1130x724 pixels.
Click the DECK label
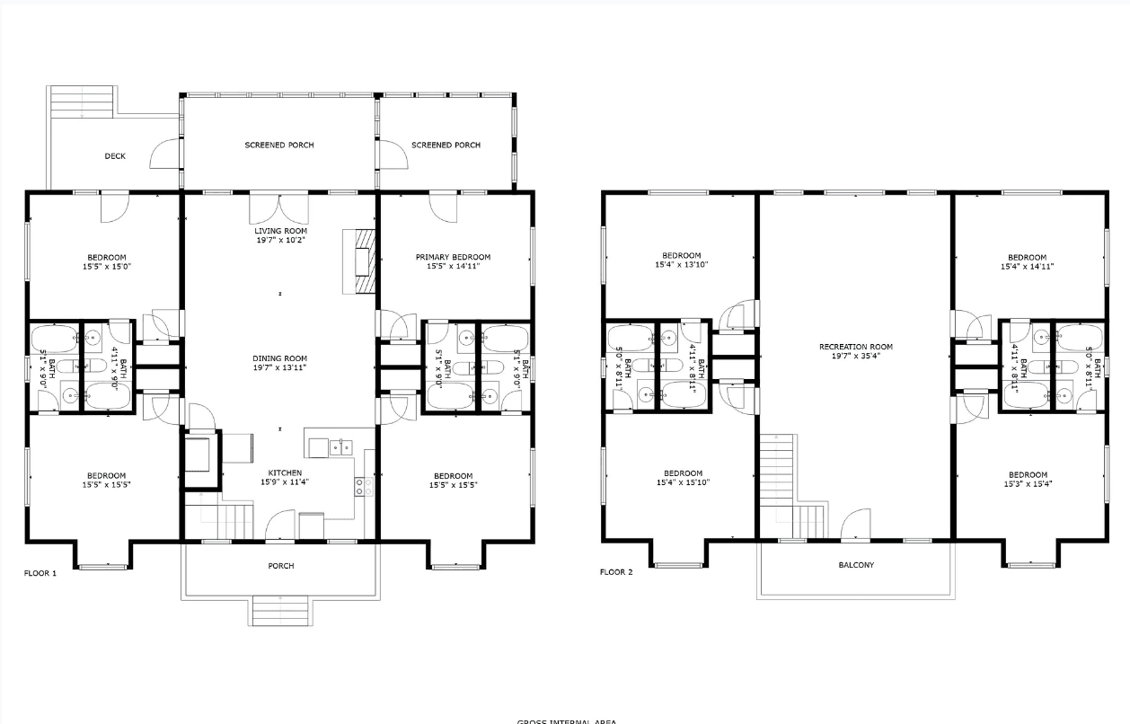tap(115, 156)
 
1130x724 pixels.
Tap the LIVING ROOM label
tap(280, 231)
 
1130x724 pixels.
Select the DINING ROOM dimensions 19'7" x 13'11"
tap(280, 367)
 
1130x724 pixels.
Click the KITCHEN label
tap(285, 472)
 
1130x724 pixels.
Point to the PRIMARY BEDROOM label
tap(453, 257)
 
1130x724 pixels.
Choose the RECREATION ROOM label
tap(855, 347)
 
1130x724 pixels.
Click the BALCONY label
tap(855, 565)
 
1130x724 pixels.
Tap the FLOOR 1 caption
tap(40, 572)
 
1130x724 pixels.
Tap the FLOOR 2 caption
tap(616, 572)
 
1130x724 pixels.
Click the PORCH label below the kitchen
tap(280, 566)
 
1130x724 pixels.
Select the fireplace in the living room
tap(362, 260)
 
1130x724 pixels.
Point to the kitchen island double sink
tap(340, 446)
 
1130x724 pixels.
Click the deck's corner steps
tap(82, 101)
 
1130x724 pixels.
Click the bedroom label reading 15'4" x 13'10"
tap(682, 260)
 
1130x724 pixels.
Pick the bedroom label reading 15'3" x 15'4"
tap(1027, 480)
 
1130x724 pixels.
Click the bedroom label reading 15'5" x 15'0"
tap(106, 261)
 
